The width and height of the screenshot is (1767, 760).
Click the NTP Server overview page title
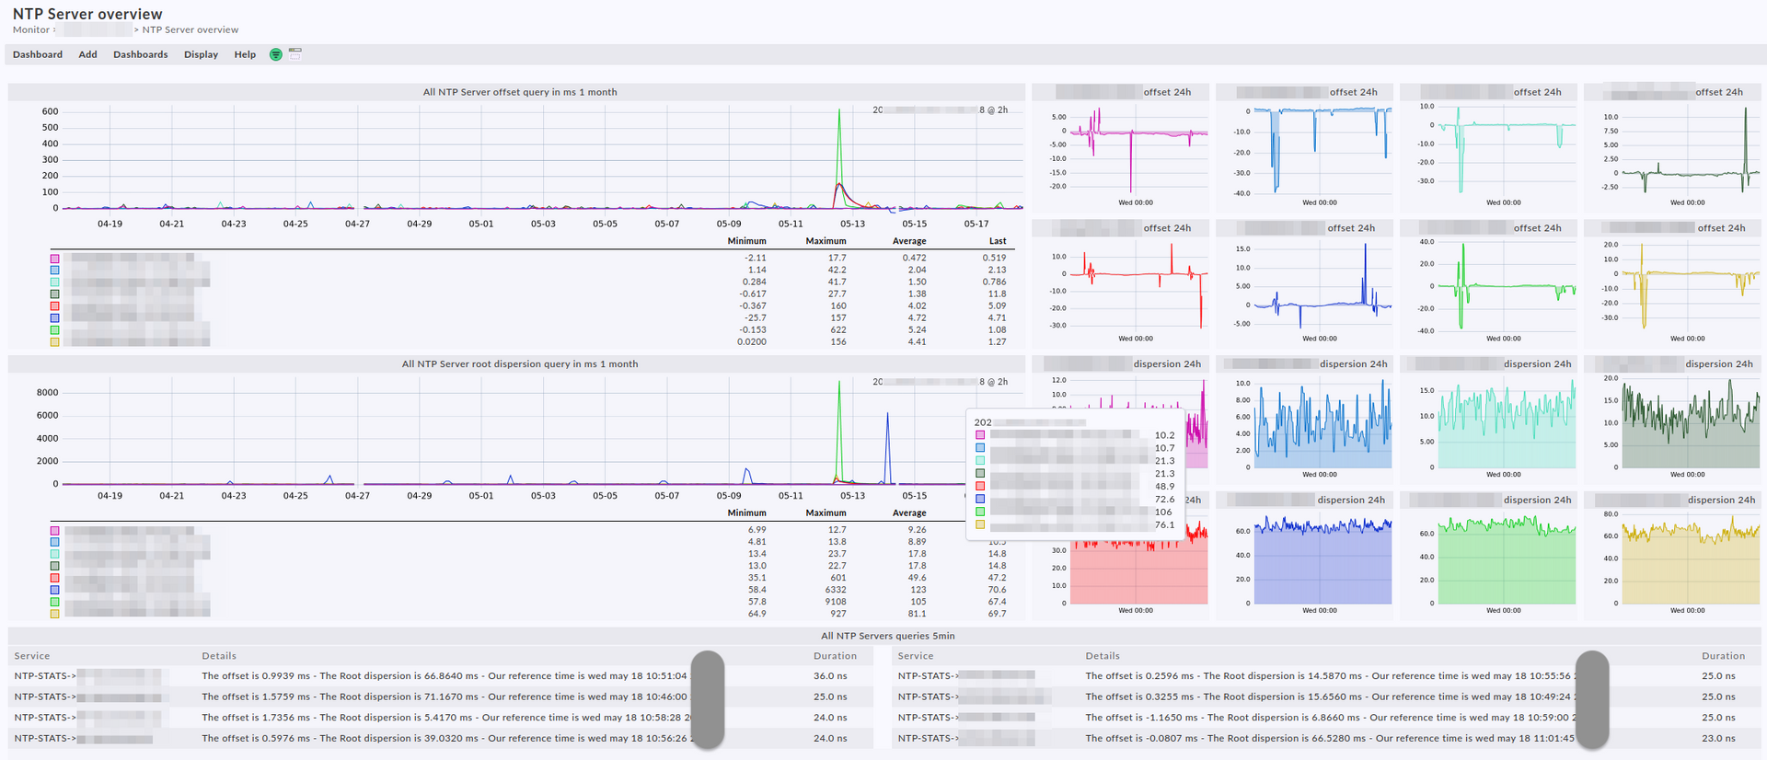(87, 14)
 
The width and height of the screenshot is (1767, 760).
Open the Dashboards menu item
(140, 54)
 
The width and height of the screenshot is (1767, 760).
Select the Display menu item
(201, 54)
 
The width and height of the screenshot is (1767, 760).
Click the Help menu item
(245, 54)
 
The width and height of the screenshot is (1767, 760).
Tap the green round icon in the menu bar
(275, 54)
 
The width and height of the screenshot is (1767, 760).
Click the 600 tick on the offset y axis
(50, 111)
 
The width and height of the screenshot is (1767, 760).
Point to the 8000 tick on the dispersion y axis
(47, 392)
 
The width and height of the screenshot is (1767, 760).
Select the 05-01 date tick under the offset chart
(481, 224)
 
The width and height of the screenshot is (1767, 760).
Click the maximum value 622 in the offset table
(837, 329)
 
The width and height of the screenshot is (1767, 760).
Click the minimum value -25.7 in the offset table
(755, 317)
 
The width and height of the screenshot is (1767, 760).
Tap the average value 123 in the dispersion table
(918, 590)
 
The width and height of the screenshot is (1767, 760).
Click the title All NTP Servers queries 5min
(887, 636)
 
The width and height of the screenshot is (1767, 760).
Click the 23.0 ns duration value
(1718, 738)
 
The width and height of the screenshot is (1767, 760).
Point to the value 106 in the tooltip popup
(1163, 512)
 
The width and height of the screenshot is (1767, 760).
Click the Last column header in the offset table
(998, 241)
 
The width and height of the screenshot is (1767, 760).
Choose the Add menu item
(87, 54)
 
